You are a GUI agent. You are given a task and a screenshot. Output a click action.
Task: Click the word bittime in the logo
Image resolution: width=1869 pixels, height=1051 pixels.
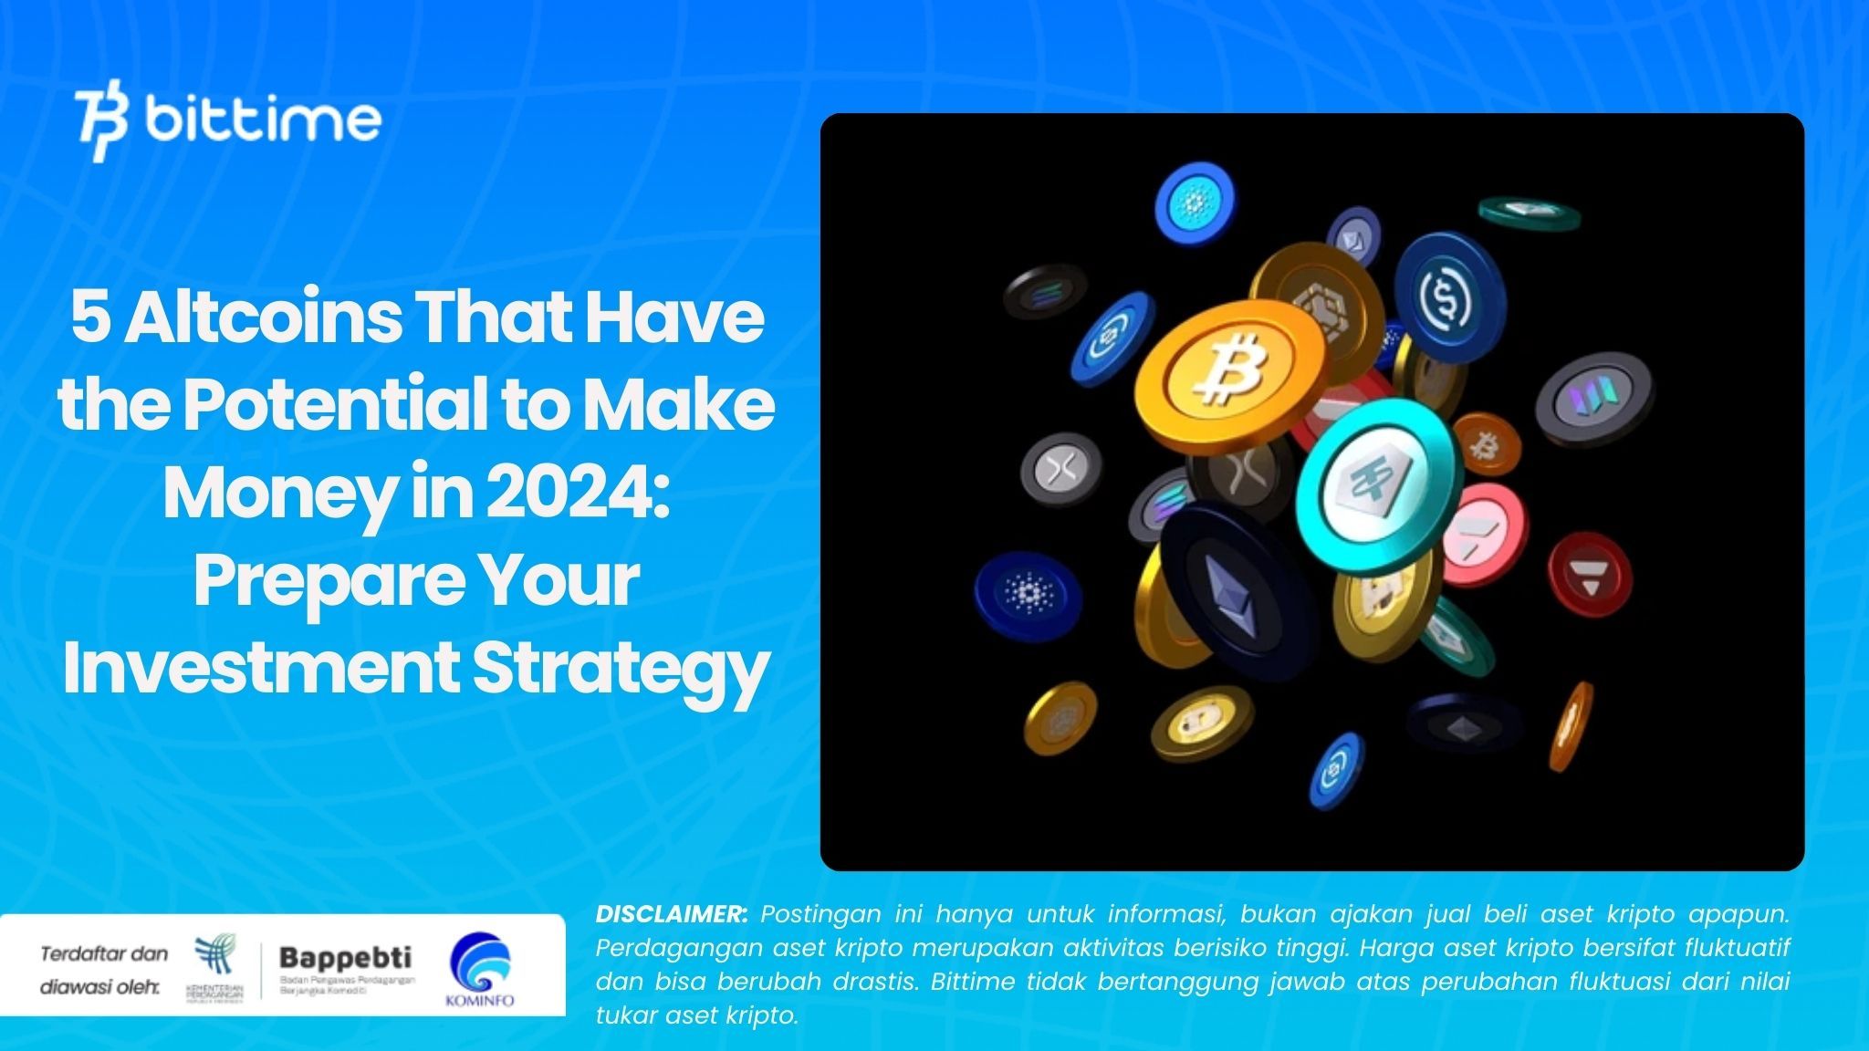[x=263, y=120]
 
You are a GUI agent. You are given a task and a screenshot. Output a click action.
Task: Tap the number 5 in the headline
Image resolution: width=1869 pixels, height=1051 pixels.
[x=90, y=318]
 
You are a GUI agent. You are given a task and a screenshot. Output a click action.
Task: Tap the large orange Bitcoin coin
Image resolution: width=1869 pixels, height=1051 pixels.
[x=1227, y=369]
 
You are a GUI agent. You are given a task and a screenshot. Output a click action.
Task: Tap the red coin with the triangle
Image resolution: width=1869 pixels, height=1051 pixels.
[x=1589, y=575]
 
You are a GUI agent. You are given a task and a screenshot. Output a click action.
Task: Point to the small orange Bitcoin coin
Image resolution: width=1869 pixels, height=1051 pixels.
[x=1486, y=445]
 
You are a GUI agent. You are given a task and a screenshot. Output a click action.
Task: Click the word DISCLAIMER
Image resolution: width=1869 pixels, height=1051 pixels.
[x=671, y=913]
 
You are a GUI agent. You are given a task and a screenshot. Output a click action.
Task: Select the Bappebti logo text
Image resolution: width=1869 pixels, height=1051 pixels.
[x=345, y=958]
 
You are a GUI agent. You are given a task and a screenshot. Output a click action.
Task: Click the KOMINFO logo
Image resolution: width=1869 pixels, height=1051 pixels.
[x=480, y=969]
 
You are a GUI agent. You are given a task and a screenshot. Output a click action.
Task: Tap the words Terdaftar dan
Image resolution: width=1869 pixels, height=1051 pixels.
[x=104, y=953]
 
